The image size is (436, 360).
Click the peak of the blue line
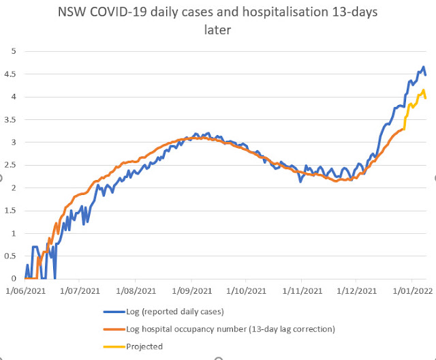[x=423, y=67]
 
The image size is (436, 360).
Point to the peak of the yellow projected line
[x=422, y=90]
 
